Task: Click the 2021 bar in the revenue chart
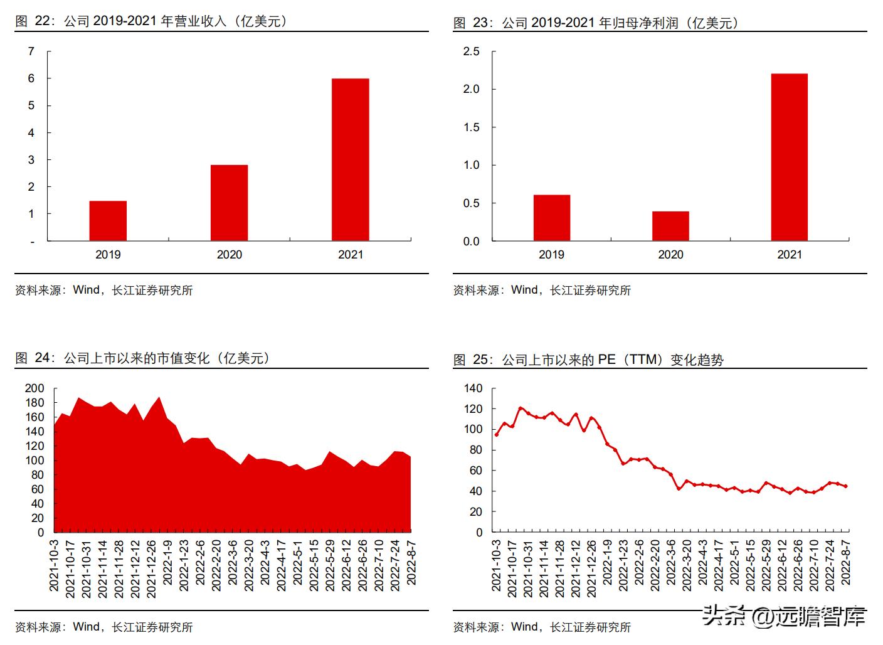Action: click(350, 159)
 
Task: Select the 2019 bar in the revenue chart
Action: click(108, 220)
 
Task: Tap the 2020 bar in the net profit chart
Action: click(670, 226)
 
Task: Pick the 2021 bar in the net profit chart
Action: click(789, 157)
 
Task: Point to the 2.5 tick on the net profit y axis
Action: click(471, 51)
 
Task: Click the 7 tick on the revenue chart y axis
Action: click(31, 51)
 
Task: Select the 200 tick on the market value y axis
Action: click(34, 388)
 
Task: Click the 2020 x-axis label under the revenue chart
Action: click(229, 255)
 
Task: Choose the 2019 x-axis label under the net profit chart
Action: click(551, 255)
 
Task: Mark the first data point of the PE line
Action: click(497, 434)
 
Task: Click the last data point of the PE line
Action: click(845, 486)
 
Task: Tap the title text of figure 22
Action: click(151, 21)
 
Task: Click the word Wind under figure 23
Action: click(524, 290)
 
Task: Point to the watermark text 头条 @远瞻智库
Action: click(783, 616)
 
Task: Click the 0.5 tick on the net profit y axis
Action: click(471, 203)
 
